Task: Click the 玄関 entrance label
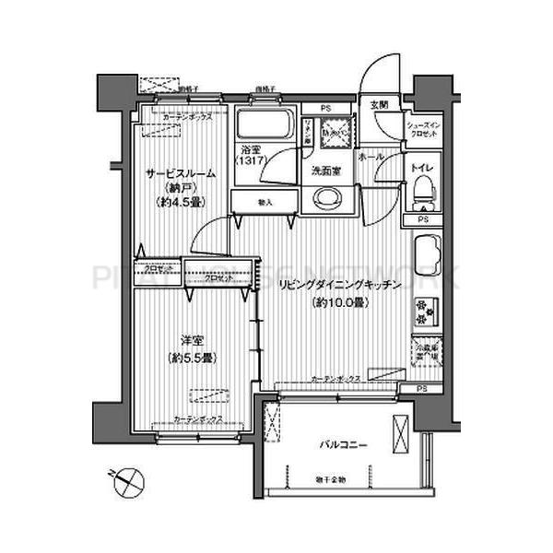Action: tap(380, 105)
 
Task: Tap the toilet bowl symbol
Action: tap(423, 193)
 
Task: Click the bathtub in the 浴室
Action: tap(264, 125)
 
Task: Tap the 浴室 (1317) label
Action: tap(249, 155)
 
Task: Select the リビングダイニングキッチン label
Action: tap(340, 287)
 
